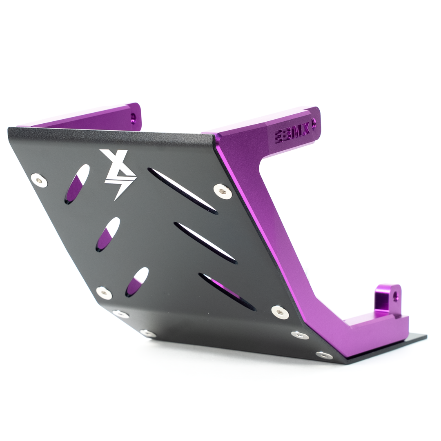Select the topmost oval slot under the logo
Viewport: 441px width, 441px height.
pyautogui.click(x=77, y=184)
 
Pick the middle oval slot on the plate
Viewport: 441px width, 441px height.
pyautogui.click(x=108, y=234)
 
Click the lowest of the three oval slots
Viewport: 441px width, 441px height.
pyautogui.click(x=137, y=282)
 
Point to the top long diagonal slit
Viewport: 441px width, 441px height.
pyautogui.click(x=183, y=191)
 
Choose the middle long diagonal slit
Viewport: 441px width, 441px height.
pyautogui.click(x=205, y=243)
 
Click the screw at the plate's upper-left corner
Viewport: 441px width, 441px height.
pyautogui.click(x=39, y=180)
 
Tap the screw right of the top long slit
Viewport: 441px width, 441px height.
pyautogui.click(x=223, y=191)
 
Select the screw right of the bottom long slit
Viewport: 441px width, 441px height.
pyautogui.click(x=280, y=312)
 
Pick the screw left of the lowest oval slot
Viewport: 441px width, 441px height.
pyautogui.click(x=104, y=292)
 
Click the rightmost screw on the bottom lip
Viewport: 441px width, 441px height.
pyautogui.click(x=324, y=355)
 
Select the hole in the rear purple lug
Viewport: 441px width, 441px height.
pyautogui.click(x=395, y=295)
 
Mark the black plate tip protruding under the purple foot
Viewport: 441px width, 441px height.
pyautogui.click(x=416, y=338)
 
